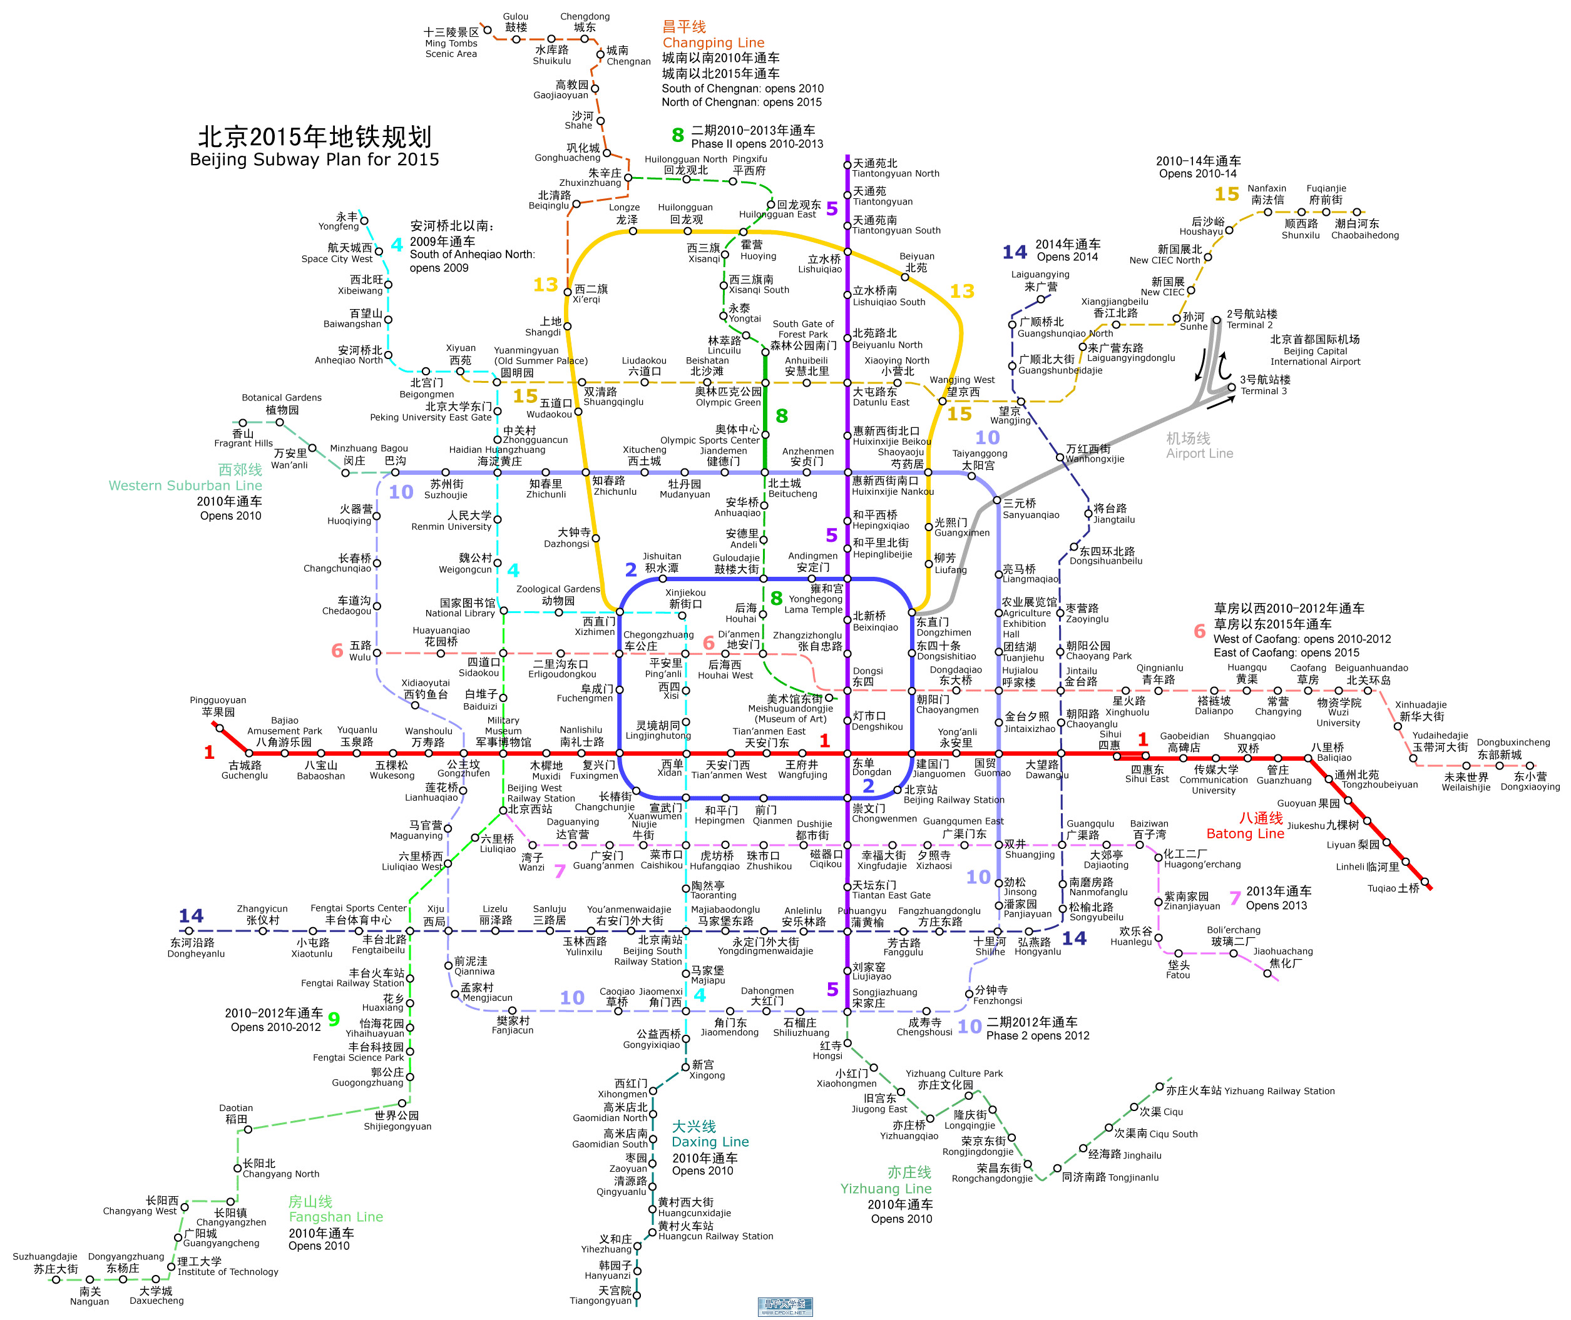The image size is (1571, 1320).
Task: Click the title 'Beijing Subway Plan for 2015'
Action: click(314, 160)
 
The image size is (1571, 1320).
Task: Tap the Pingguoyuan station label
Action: click(218, 706)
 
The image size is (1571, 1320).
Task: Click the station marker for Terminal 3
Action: click(1231, 388)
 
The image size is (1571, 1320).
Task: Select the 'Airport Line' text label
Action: click(1199, 454)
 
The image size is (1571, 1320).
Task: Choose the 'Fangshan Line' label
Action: click(336, 1217)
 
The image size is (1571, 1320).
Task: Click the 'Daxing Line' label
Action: click(710, 1142)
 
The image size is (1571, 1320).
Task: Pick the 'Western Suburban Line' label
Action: click(186, 485)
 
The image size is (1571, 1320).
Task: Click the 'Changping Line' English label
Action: click(714, 43)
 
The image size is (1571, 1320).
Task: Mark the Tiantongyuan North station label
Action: click(896, 168)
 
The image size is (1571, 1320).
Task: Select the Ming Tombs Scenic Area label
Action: click(451, 43)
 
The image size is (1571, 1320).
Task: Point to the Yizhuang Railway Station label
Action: click(1250, 1091)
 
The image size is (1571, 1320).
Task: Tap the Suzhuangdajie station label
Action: click(45, 1262)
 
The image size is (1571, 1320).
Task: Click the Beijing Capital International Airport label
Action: click(1315, 350)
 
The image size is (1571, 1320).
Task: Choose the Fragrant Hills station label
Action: click(243, 439)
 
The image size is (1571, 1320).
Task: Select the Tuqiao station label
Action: click(1394, 888)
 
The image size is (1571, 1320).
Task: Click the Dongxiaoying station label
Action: click(1530, 781)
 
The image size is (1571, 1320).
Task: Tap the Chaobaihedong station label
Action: click(1364, 229)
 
